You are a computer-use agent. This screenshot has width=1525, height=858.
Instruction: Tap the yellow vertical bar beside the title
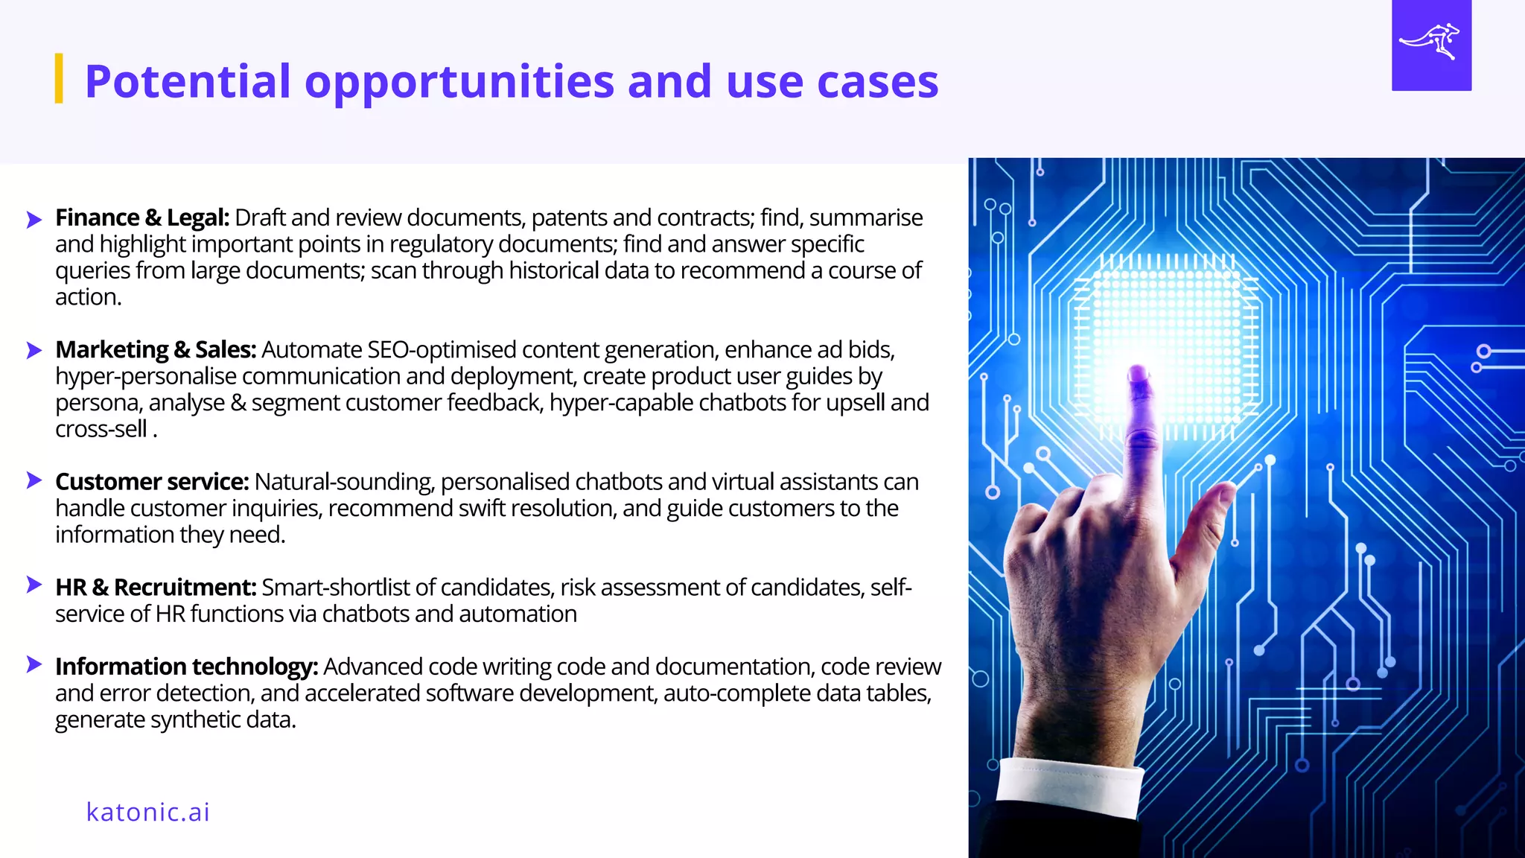(x=59, y=78)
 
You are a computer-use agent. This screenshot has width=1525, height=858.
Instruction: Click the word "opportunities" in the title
(x=459, y=82)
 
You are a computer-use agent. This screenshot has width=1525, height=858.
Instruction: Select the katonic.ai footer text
(x=147, y=811)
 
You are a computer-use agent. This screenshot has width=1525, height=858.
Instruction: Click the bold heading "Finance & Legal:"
(x=142, y=217)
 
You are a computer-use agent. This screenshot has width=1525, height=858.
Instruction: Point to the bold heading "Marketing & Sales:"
(x=156, y=349)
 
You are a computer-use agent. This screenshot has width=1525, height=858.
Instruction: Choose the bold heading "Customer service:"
(x=152, y=482)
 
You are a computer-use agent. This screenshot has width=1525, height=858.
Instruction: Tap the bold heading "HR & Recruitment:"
(x=156, y=588)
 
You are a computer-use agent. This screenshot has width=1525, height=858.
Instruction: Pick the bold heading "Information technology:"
(x=186, y=667)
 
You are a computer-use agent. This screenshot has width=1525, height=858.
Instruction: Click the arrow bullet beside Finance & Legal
(x=34, y=219)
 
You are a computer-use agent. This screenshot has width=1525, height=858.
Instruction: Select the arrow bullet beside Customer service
(x=34, y=480)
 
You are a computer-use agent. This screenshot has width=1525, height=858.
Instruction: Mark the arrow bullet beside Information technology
(x=34, y=664)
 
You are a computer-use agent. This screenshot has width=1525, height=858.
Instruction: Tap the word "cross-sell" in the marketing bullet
(x=101, y=429)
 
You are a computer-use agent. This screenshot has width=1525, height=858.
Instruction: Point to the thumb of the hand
(x=1210, y=506)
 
